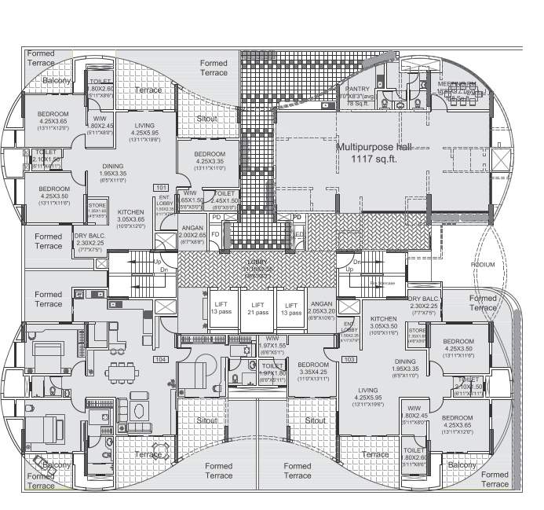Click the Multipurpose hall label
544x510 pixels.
pyautogui.click(x=373, y=147)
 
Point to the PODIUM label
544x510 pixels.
pyautogui.click(x=483, y=265)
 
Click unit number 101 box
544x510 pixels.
pyautogui.click(x=162, y=187)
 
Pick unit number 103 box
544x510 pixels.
pyautogui.click(x=349, y=359)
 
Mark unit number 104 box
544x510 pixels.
pyautogui.click(x=161, y=358)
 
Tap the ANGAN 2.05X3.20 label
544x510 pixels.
pyautogui.click(x=322, y=308)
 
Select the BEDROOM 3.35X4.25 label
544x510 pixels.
pyautogui.click(x=312, y=370)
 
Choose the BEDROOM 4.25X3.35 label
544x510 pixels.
pyautogui.click(x=210, y=158)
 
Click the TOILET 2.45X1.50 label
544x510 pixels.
pyautogui.click(x=225, y=197)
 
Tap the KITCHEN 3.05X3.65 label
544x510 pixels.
pyautogui.click(x=130, y=216)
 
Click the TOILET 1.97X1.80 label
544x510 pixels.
pyautogui.click(x=272, y=369)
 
